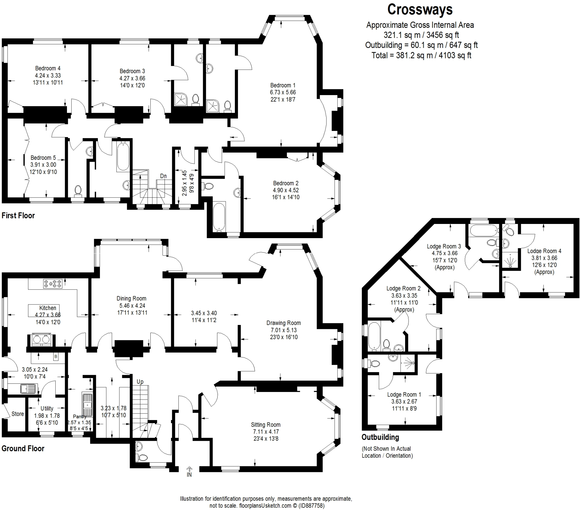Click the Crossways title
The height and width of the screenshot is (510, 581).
point(420,10)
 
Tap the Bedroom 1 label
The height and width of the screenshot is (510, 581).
point(283,85)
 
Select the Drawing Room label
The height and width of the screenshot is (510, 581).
point(283,323)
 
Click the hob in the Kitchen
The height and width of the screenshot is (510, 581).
point(52,284)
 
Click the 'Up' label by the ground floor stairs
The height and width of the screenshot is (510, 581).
point(140,382)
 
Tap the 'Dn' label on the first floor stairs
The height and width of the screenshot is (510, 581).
point(163,176)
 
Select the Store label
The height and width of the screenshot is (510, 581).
point(18,414)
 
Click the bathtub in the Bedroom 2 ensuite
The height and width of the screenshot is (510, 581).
point(219,216)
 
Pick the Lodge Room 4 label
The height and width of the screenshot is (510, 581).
point(544,251)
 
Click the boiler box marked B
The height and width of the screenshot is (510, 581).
point(56,357)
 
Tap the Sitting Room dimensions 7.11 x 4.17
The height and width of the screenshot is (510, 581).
point(266,431)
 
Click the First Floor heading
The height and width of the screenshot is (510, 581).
point(18,216)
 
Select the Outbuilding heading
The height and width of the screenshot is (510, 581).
point(380,437)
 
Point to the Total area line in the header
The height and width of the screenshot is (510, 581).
point(421,55)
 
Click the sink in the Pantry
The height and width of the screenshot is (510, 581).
point(87,404)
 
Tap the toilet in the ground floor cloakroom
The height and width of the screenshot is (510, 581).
point(142,458)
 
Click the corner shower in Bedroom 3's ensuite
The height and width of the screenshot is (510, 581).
point(180,100)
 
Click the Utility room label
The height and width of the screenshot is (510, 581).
point(47,408)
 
